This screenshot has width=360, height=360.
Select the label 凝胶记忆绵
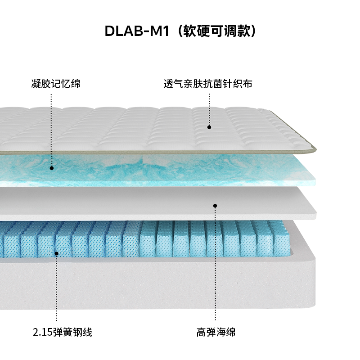[x=56, y=84]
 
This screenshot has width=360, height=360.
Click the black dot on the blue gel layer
[x=52, y=168]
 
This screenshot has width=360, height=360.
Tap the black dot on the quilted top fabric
[x=209, y=127]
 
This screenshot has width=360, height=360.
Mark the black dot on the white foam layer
[x=215, y=206]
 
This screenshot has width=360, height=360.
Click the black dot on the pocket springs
[x=57, y=253]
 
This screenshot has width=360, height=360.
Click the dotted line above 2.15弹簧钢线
[x=57, y=288]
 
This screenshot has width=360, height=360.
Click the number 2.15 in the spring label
[x=42, y=333]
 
